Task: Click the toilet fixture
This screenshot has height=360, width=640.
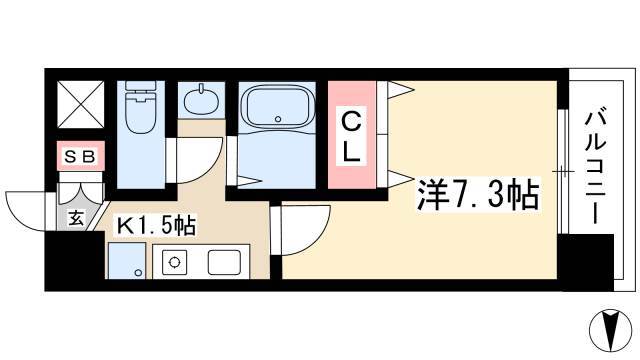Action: point(141,107)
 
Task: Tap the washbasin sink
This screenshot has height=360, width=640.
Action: point(201,99)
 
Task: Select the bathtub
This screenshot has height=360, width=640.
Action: point(277,107)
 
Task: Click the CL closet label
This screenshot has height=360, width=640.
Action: point(351,137)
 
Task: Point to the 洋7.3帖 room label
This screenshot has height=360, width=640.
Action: point(478,195)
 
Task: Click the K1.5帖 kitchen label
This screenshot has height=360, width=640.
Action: point(156,225)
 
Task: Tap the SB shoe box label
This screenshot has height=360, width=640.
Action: point(80,156)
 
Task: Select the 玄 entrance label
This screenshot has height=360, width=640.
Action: point(76,218)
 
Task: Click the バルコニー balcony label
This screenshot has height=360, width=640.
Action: point(596,166)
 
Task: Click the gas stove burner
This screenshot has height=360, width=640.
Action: point(174,262)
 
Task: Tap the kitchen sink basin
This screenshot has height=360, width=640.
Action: point(224,262)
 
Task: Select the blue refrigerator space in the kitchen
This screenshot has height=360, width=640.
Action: point(127,261)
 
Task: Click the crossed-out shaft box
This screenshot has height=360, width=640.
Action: point(80,104)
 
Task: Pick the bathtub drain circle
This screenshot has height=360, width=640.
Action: point(278,119)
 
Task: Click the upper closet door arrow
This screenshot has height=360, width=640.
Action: point(400,89)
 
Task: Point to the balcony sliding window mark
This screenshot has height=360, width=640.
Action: point(563,171)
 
